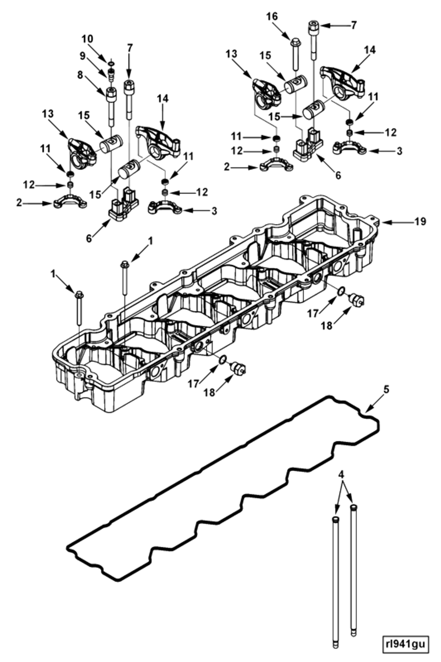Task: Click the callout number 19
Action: tap(421, 222)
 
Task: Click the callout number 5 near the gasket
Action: tap(386, 390)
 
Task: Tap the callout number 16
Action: tap(272, 17)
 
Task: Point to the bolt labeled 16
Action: tap(295, 55)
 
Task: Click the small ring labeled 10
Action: tap(111, 64)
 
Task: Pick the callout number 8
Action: tap(80, 75)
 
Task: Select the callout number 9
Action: tap(82, 56)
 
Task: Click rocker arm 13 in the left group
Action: tap(82, 154)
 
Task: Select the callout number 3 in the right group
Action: tap(399, 151)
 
